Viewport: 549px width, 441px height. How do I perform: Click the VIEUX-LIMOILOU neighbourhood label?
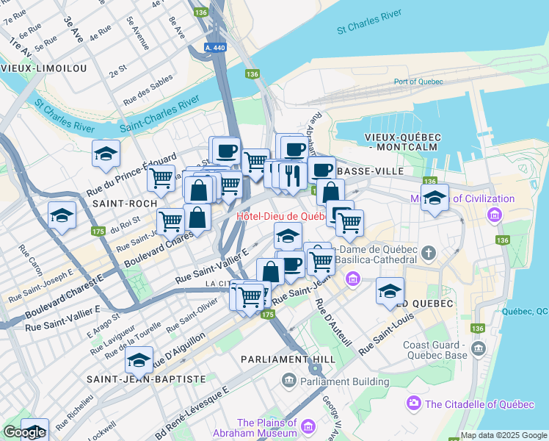(x=44, y=68)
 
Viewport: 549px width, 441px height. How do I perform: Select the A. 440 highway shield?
(x=215, y=47)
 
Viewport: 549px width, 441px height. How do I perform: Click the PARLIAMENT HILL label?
(x=288, y=359)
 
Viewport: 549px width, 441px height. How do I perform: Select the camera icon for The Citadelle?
(x=414, y=404)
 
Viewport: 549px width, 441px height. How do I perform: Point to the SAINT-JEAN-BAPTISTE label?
(x=146, y=379)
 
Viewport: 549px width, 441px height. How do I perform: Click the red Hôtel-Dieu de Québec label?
(x=281, y=217)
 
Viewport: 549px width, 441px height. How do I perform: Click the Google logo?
(x=24, y=432)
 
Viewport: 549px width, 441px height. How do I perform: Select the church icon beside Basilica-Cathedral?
(x=429, y=254)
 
